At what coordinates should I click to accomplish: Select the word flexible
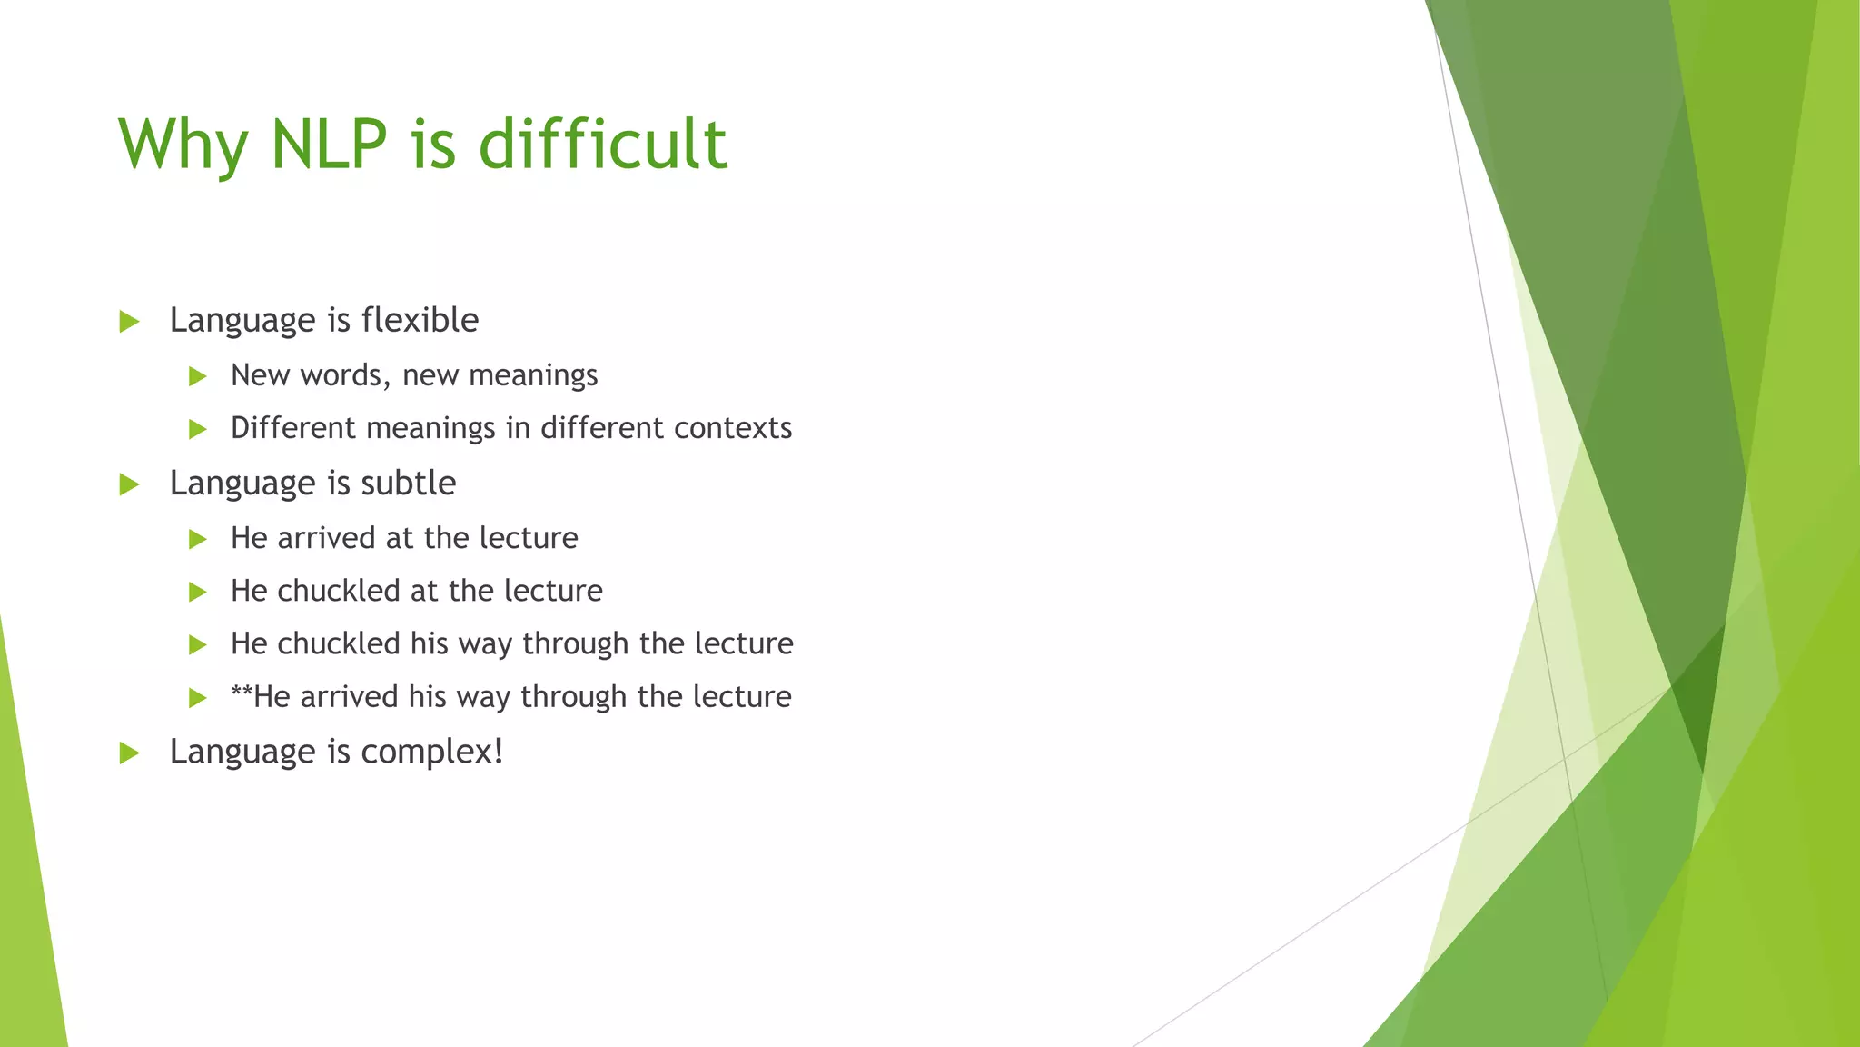pos(420,320)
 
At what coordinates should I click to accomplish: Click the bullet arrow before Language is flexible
pos(129,322)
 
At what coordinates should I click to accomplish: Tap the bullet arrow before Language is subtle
pos(129,484)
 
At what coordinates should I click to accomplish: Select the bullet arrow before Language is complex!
pos(129,753)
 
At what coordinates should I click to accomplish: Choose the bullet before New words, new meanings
pos(198,377)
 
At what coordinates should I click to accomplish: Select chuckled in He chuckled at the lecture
pos(339,591)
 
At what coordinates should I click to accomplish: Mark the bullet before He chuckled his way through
pos(198,645)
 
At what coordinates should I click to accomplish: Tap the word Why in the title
pos(183,145)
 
